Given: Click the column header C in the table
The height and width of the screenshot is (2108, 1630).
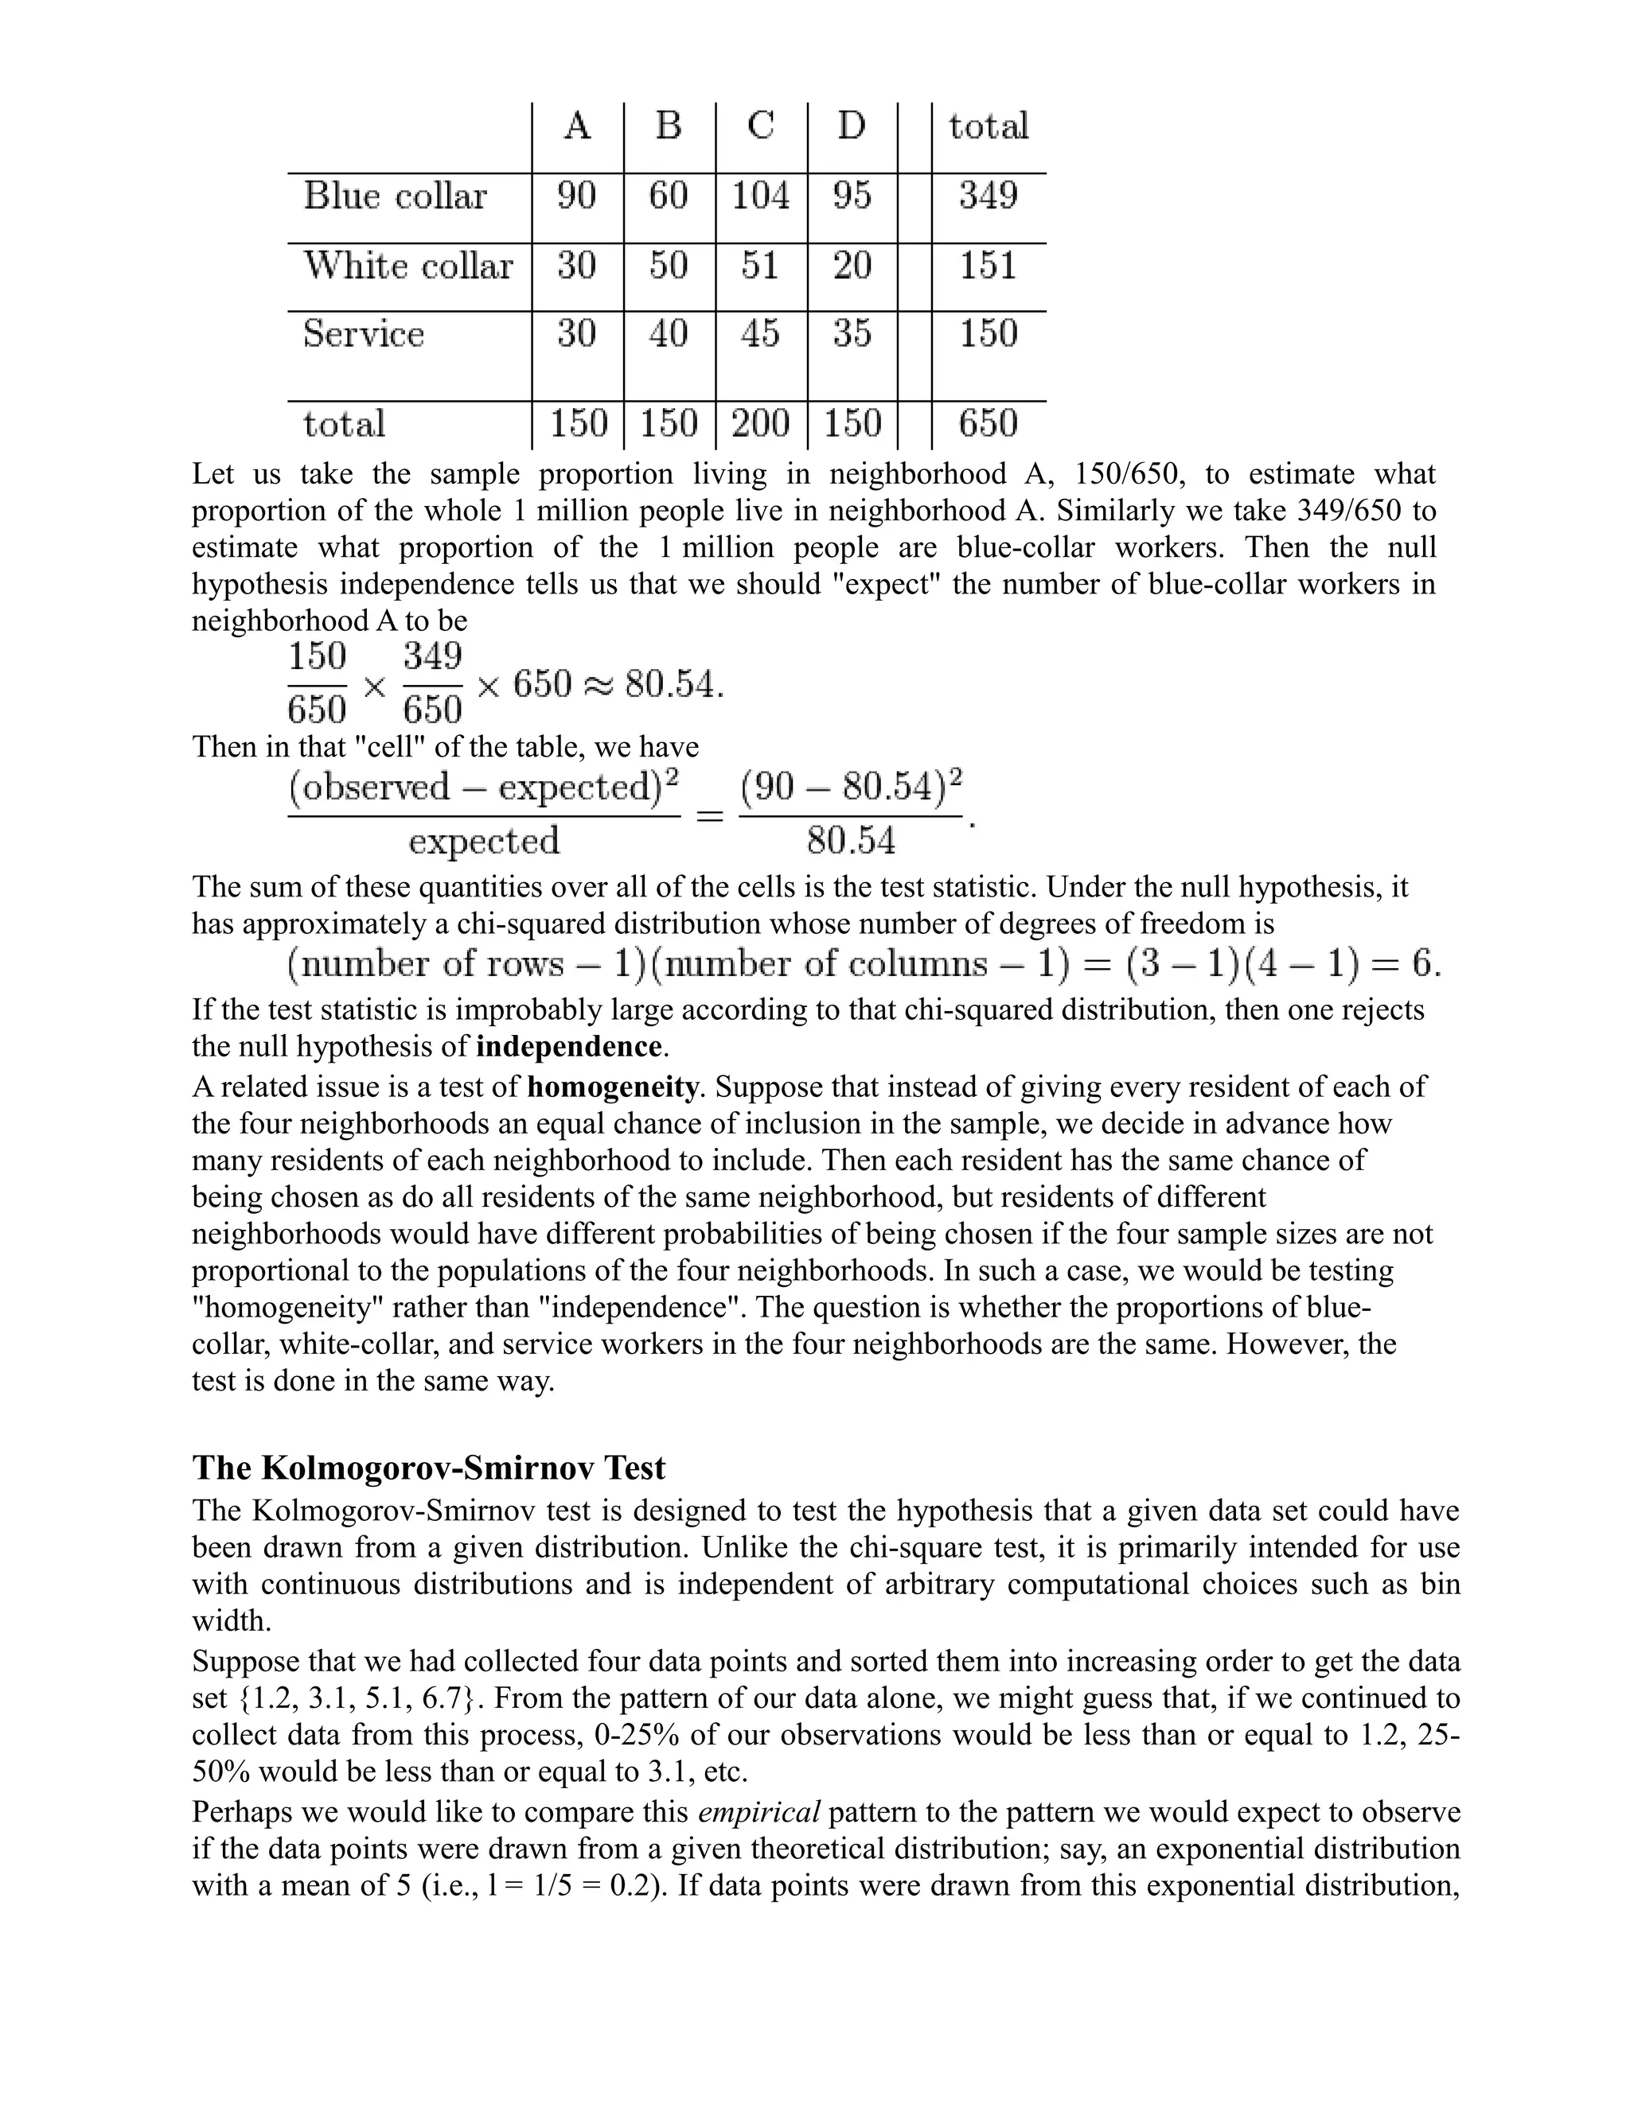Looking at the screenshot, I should (x=761, y=126).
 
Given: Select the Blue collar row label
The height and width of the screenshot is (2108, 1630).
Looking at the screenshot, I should (x=395, y=196).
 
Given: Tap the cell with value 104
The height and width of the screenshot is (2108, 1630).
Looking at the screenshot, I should (x=761, y=196).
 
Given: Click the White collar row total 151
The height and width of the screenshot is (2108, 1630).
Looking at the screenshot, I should (x=988, y=266).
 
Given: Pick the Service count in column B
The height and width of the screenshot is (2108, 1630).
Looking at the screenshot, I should (x=669, y=334).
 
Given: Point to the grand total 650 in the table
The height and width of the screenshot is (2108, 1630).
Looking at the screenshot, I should (x=988, y=424).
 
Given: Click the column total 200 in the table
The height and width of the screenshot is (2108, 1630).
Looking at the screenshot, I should (x=761, y=424).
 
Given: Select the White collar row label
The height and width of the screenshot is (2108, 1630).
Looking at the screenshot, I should (x=407, y=266).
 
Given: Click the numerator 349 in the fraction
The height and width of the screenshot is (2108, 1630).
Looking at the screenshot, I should (x=431, y=657).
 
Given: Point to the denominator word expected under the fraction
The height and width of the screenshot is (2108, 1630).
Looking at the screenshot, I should (x=484, y=841).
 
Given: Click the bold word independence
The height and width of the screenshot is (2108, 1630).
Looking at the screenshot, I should (x=569, y=1048).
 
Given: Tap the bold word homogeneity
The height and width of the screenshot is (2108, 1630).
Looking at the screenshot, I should (x=613, y=1087).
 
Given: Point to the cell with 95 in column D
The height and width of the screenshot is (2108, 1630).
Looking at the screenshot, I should (x=852, y=196).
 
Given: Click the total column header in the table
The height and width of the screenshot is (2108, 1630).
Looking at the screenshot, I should (x=988, y=126).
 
